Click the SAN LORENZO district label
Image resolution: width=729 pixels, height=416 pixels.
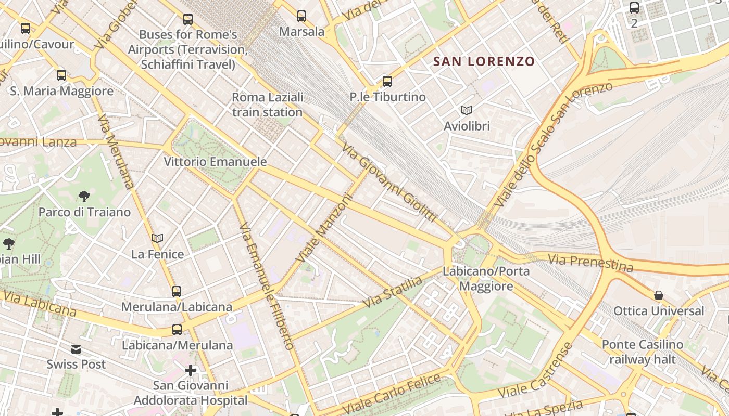point(484,61)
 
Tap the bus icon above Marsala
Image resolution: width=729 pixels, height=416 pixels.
point(301,16)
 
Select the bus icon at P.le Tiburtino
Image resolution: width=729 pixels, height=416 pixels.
point(387,82)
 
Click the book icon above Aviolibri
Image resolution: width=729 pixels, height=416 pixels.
point(467,110)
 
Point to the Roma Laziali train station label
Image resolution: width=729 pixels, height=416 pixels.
point(267,105)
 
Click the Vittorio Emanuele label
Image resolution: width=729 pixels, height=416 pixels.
point(215,162)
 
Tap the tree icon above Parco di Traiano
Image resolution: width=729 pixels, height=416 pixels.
point(84,197)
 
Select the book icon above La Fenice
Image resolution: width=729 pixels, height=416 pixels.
point(157,238)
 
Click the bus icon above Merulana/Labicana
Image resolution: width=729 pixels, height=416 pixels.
point(177,291)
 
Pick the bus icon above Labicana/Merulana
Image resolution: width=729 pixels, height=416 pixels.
point(177,329)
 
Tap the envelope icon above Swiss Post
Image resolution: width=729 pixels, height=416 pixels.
point(77,349)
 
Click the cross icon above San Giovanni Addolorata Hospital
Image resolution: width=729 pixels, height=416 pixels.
point(191,370)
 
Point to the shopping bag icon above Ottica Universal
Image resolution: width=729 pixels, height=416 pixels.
point(659,295)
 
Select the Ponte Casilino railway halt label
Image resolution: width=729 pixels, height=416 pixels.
point(642,352)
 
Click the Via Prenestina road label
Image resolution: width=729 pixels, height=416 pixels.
point(590,262)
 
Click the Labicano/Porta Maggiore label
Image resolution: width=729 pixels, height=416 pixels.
point(486,279)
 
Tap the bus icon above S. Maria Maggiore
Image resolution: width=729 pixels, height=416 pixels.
point(61,75)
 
